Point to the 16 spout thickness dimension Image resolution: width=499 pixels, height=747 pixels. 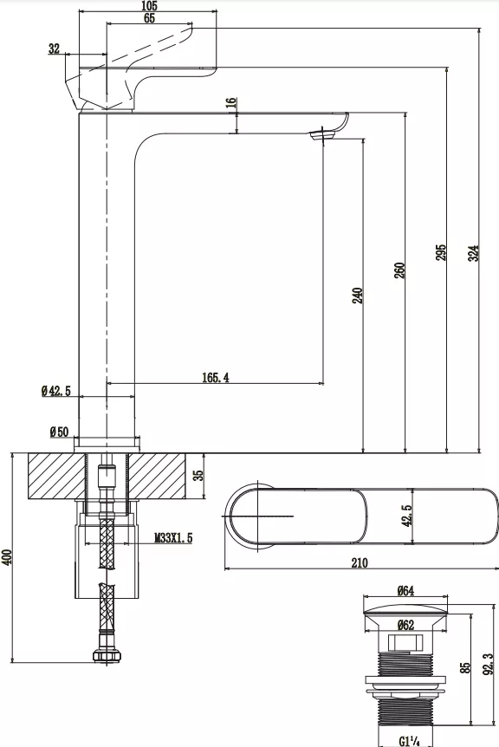230,102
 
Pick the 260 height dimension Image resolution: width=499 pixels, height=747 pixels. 399,270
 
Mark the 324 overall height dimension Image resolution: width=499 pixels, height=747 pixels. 473,252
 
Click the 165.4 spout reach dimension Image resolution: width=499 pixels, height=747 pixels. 216,376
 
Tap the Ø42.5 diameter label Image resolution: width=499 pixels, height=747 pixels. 55,392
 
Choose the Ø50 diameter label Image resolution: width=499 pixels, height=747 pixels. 59,431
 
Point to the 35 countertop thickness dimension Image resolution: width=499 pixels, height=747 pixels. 198,475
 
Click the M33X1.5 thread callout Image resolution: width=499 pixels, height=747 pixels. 173,538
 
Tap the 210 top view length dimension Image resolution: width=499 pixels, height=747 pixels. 360,562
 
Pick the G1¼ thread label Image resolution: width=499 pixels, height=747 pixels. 410,740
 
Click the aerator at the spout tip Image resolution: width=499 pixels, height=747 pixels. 323,133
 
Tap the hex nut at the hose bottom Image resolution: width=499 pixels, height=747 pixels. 107,659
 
